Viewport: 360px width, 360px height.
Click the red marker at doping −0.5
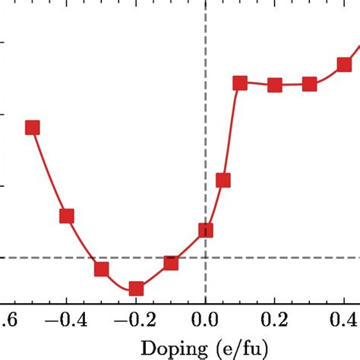(x=32, y=127)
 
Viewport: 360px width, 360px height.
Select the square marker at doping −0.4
(x=67, y=216)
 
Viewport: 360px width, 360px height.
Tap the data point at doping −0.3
(x=101, y=270)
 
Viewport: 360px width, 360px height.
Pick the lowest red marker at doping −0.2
(x=136, y=289)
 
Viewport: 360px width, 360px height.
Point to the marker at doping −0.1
(x=171, y=263)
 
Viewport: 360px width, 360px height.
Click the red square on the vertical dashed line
(x=205, y=230)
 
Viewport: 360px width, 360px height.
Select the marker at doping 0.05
(x=223, y=180)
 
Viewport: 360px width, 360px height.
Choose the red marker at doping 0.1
(x=240, y=83)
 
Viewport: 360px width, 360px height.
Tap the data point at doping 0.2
(x=275, y=85)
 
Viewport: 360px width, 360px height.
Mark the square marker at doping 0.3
(x=310, y=84)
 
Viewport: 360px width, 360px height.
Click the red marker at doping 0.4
(x=344, y=65)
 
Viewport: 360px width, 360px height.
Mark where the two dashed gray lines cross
(x=205, y=257)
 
